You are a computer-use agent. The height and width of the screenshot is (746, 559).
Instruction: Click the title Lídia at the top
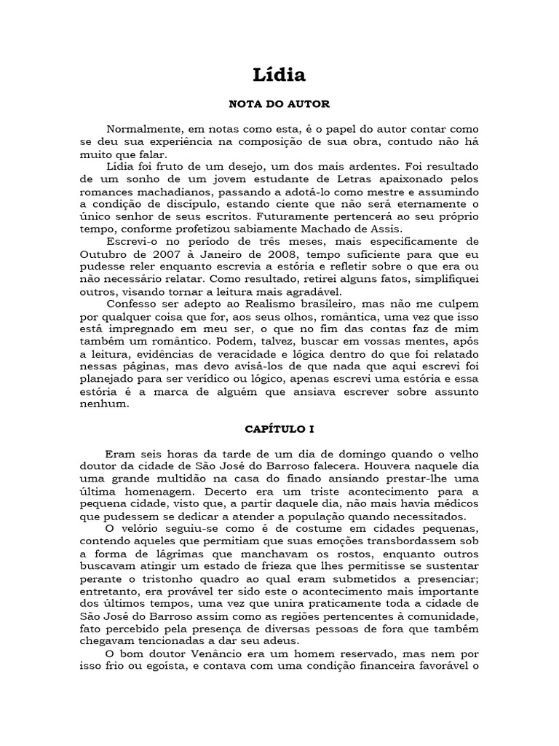coord(279,75)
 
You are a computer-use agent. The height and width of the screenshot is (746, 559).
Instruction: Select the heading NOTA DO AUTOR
coord(279,104)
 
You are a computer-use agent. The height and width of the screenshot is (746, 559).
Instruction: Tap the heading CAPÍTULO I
coord(279,431)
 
